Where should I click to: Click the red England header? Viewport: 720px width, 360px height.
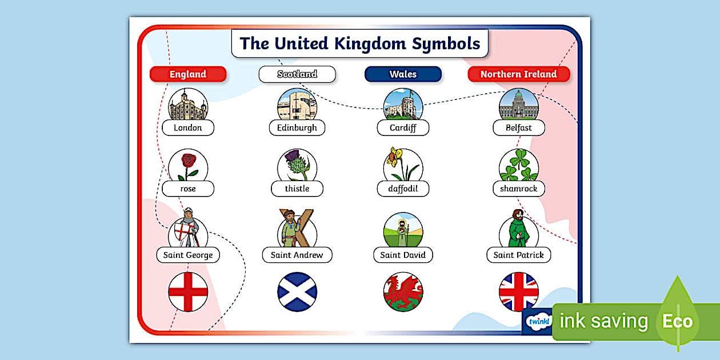pyautogui.click(x=188, y=74)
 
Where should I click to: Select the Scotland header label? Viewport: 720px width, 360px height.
pyautogui.click(x=297, y=74)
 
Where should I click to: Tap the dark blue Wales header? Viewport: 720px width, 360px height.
pyautogui.click(x=403, y=74)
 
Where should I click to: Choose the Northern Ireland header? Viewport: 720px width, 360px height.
pyautogui.click(x=518, y=74)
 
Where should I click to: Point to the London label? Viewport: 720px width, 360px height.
pyautogui.click(x=188, y=128)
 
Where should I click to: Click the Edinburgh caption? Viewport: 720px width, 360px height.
pyautogui.click(x=297, y=128)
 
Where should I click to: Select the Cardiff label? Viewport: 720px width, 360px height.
pyautogui.click(x=403, y=128)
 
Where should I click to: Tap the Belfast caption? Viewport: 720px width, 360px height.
pyautogui.click(x=518, y=128)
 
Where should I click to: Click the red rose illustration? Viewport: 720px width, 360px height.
pyautogui.click(x=187, y=165)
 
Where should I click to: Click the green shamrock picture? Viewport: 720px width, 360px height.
pyautogui.click(x=519, y=166)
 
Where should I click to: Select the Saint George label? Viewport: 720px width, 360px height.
pyautogui.click(x=188, y=255)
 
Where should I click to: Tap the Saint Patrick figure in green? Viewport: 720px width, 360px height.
pyautogui.click(x=518, y=229)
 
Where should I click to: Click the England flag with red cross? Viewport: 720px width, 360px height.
pyautogui.click(x=188, y=292)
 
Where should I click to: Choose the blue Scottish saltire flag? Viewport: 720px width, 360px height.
pyautogui.click(x=297, y=292)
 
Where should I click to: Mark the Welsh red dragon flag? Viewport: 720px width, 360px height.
pyautogui.click(x=403, y=292)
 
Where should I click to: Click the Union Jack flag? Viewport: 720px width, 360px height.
pyautogui.click(x=519, y=292)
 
